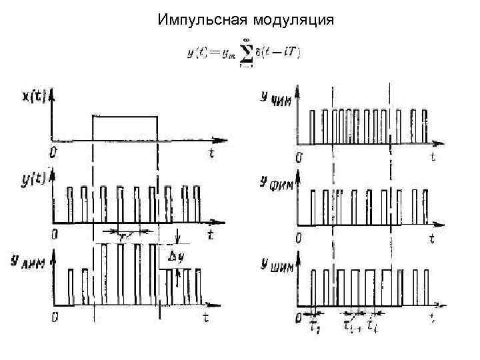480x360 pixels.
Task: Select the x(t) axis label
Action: click(x=35, y=97)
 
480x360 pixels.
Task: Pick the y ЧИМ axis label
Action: click(x=274, y=99)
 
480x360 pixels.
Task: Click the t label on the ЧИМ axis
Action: click(x=433, y=157)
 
